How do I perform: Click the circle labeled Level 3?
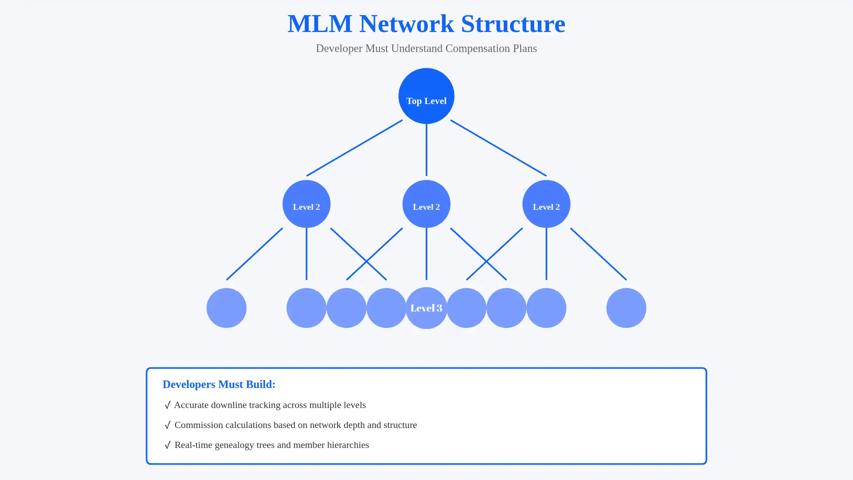(x=426, y=308)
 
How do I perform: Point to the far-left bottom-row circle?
(x=226, y=308)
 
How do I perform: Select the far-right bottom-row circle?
(x=626, y=308)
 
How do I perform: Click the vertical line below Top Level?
(x=426, y=150)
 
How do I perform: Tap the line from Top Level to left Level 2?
(x=354, y=148)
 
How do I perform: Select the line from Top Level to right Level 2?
(x=498, y=148)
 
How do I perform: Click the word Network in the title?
(x=407, y=24)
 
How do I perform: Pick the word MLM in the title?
(x=319, y=24)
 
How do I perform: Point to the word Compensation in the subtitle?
(x=478, y=48)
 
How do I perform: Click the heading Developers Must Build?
(x=219, y=384)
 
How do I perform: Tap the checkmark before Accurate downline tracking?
(x=167, y=405)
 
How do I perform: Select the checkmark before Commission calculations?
(x=167, y=425)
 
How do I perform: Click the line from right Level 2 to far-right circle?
(x=598, y=254)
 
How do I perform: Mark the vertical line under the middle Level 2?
(x=426, y=254)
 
